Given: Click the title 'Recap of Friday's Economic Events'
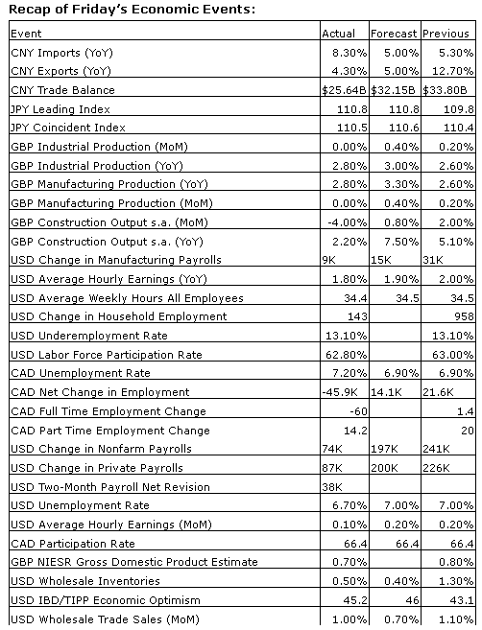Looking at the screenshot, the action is [x=132, y=10].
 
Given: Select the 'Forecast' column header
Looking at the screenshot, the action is [x=394, y=34].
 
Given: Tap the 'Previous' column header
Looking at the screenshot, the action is [x=446, y=34].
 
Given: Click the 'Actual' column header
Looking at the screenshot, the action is [x=338, y=34].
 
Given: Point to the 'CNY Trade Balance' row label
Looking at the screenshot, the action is [x=62, y=90].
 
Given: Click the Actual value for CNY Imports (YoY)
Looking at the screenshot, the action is [x=349, y=53].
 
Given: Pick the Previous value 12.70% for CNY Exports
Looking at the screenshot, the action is [x=452, y=71].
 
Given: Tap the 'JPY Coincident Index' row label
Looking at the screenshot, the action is [x=68, y=128].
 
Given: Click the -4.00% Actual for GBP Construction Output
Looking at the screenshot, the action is [x=348, y=222].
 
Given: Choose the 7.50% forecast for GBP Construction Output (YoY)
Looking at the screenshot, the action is [x=401, y=242].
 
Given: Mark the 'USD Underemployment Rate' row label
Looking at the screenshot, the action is [x=89, y=336].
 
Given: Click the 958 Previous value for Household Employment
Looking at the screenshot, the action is [x=464, y=316].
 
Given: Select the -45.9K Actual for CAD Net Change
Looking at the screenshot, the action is [x=340, y=392].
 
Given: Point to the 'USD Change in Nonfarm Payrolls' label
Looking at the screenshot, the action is [x=101, y=449].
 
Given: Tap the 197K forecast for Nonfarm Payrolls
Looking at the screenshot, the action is [x=384, y=449].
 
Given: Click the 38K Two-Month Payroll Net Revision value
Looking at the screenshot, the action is [x=332, y=487].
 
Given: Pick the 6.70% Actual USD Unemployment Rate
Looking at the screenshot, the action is [x=349, y=505].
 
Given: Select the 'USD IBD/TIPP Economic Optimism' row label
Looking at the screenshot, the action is [x=106, y=600].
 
